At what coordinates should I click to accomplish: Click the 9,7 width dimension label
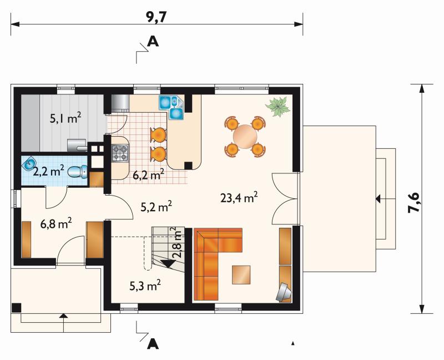(x=156, y=18)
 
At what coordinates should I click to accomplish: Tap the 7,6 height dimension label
(x=413, y=202)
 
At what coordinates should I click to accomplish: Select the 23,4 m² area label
(x=239, y=198)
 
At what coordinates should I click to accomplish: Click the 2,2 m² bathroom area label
(x=49, y=171)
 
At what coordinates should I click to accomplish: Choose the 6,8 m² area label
(x=56, y=224)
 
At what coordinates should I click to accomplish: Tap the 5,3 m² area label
(x=145, y=286)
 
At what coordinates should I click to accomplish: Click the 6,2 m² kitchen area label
(x=149, y=175)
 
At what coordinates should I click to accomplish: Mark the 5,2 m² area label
(x=157, y=207)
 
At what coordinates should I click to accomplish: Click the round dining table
(x=245, y=136)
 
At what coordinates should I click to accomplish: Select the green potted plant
(x=277, y=106)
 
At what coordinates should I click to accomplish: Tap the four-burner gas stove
(x=120, y=153)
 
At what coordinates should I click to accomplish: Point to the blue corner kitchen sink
(x=172, y=107)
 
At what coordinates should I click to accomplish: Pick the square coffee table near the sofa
(x=241, y=274)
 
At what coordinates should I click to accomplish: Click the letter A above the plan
(x=153, y=42)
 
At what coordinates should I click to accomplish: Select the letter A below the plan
(x=153, y=344)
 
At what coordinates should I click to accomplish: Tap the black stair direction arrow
(x=168, y=264)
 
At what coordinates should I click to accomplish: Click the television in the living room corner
(x=284, y=292)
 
